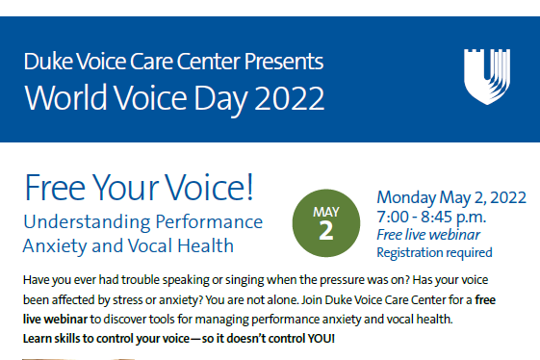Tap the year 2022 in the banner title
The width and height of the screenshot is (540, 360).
point(283,98)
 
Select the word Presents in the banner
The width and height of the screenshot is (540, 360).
point(282,64)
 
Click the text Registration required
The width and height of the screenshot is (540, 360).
point(434,253)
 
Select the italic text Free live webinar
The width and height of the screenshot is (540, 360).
point(428,235)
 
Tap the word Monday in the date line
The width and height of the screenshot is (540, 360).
point(406,197)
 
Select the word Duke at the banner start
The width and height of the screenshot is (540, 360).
point(44,64)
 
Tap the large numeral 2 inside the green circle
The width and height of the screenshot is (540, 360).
point(325,229)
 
